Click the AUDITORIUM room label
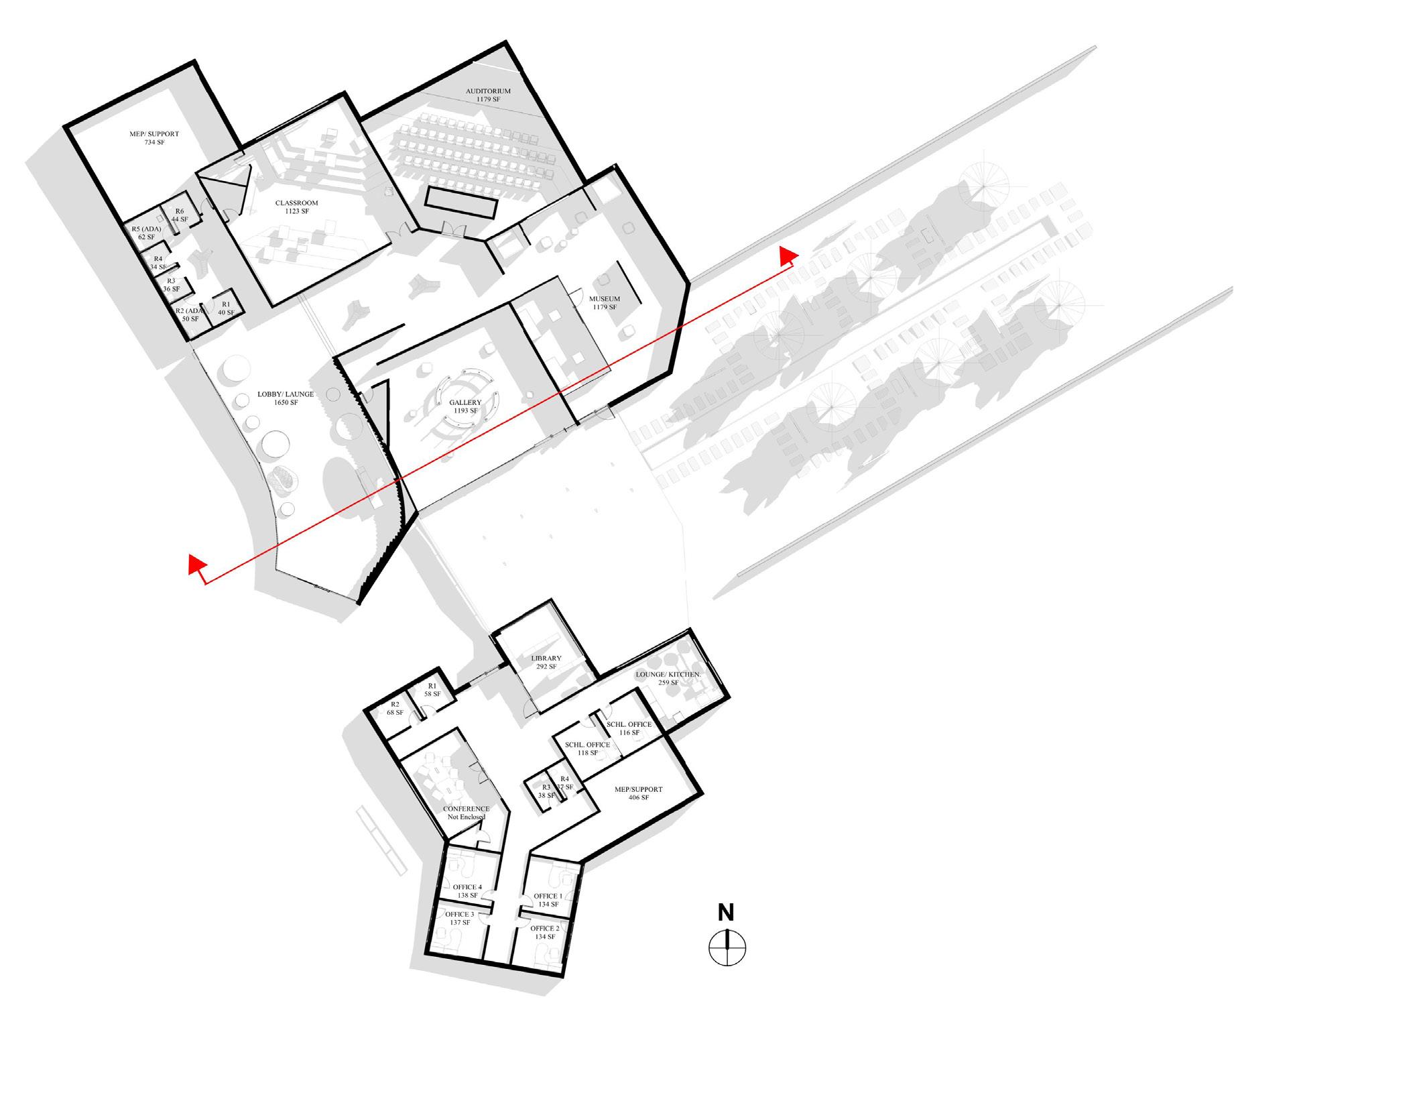tap(488, 95)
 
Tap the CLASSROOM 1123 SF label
tap(296, 207)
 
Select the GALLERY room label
tap(465, 406)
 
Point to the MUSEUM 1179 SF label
tap(604, 303)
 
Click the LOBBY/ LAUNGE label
tap(286, 398)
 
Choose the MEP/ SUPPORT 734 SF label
tap(154, 138)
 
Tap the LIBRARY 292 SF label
tap(546, 662)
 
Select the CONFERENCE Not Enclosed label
tap(466, 813)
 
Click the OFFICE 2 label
tap(545, 933)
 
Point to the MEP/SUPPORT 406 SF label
tap(638, 793)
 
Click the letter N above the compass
tap(726, 913)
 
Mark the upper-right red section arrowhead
tap(788, 255)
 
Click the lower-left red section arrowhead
tap(196, 565)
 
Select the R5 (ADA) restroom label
tap(146, 233)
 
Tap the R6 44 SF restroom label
tap(179, 215)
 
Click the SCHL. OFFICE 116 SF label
tap(629, 728)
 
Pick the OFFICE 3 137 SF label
tap(460, 919)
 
